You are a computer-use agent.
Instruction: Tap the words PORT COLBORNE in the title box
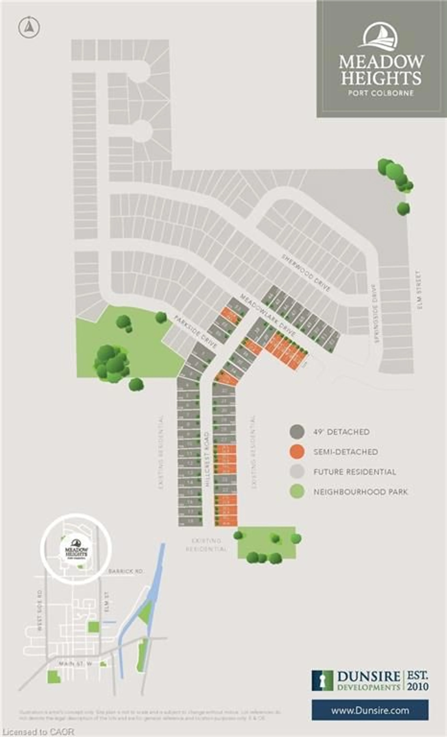tap(381, 93)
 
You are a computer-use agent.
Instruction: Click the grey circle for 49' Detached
tap(297, 432)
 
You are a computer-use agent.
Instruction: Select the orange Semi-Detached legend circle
tap(297, 452)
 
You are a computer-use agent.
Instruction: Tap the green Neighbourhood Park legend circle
tap(297, 492)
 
